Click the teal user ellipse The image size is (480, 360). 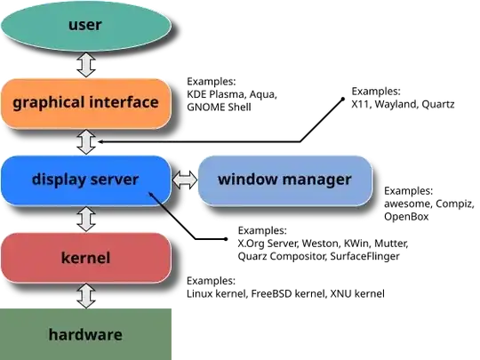coord(85,25)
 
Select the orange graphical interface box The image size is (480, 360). coord(85,102)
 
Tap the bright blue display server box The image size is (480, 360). coord(85,180)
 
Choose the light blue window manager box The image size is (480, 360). coord(284,180)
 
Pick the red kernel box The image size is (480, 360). coord(85,258)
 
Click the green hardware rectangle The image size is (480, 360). coord(85,334)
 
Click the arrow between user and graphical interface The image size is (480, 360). coord(86,64)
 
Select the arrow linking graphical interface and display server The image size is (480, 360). coord(86,141)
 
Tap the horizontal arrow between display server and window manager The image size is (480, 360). coord(184,180)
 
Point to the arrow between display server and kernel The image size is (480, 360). coord(86,219)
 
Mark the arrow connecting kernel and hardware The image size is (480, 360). coord(86,295)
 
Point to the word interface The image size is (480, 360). coord(124,101)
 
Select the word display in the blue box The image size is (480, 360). coord(58,180)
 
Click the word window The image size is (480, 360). coord(244,180)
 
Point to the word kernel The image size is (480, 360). coord(85,258)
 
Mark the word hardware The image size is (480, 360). coord(85,335)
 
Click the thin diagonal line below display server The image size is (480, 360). coord(162,204)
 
